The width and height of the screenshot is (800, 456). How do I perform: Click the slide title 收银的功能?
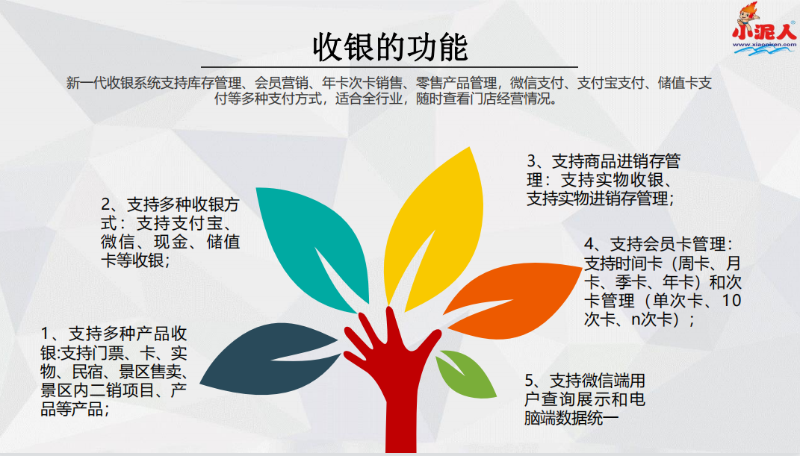391,47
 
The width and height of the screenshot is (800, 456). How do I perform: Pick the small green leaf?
467,375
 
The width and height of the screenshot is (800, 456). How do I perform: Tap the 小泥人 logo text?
764,32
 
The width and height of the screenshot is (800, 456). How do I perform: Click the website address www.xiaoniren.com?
764,44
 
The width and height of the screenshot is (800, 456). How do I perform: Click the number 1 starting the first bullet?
45,334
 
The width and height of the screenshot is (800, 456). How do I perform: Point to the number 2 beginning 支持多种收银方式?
106,204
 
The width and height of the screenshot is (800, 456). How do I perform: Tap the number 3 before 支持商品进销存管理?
532,161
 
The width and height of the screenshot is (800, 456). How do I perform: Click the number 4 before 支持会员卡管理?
589,245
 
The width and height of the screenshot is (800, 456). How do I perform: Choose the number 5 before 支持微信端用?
530,381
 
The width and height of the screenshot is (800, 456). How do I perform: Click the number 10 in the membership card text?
731,301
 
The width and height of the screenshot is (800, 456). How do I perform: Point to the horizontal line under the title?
389,66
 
